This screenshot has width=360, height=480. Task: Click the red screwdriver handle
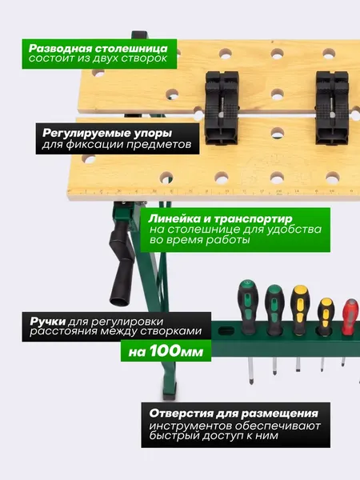(351, 317)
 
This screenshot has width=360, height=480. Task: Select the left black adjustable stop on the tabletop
(222, 108)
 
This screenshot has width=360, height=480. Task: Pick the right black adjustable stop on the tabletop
(332, 108)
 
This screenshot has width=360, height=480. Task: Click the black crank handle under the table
(122, 262)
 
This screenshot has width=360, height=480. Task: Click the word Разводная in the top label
(60, 48)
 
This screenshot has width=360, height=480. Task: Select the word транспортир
(253, 219)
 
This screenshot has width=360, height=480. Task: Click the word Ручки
(48, 322)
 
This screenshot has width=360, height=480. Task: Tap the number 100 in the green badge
(163, 351)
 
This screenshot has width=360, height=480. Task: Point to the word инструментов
(190, 426)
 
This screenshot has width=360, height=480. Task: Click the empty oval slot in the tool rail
(226, 331)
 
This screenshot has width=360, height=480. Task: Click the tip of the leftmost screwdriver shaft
(251, 382)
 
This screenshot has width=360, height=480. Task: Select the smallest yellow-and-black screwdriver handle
(325, 316)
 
